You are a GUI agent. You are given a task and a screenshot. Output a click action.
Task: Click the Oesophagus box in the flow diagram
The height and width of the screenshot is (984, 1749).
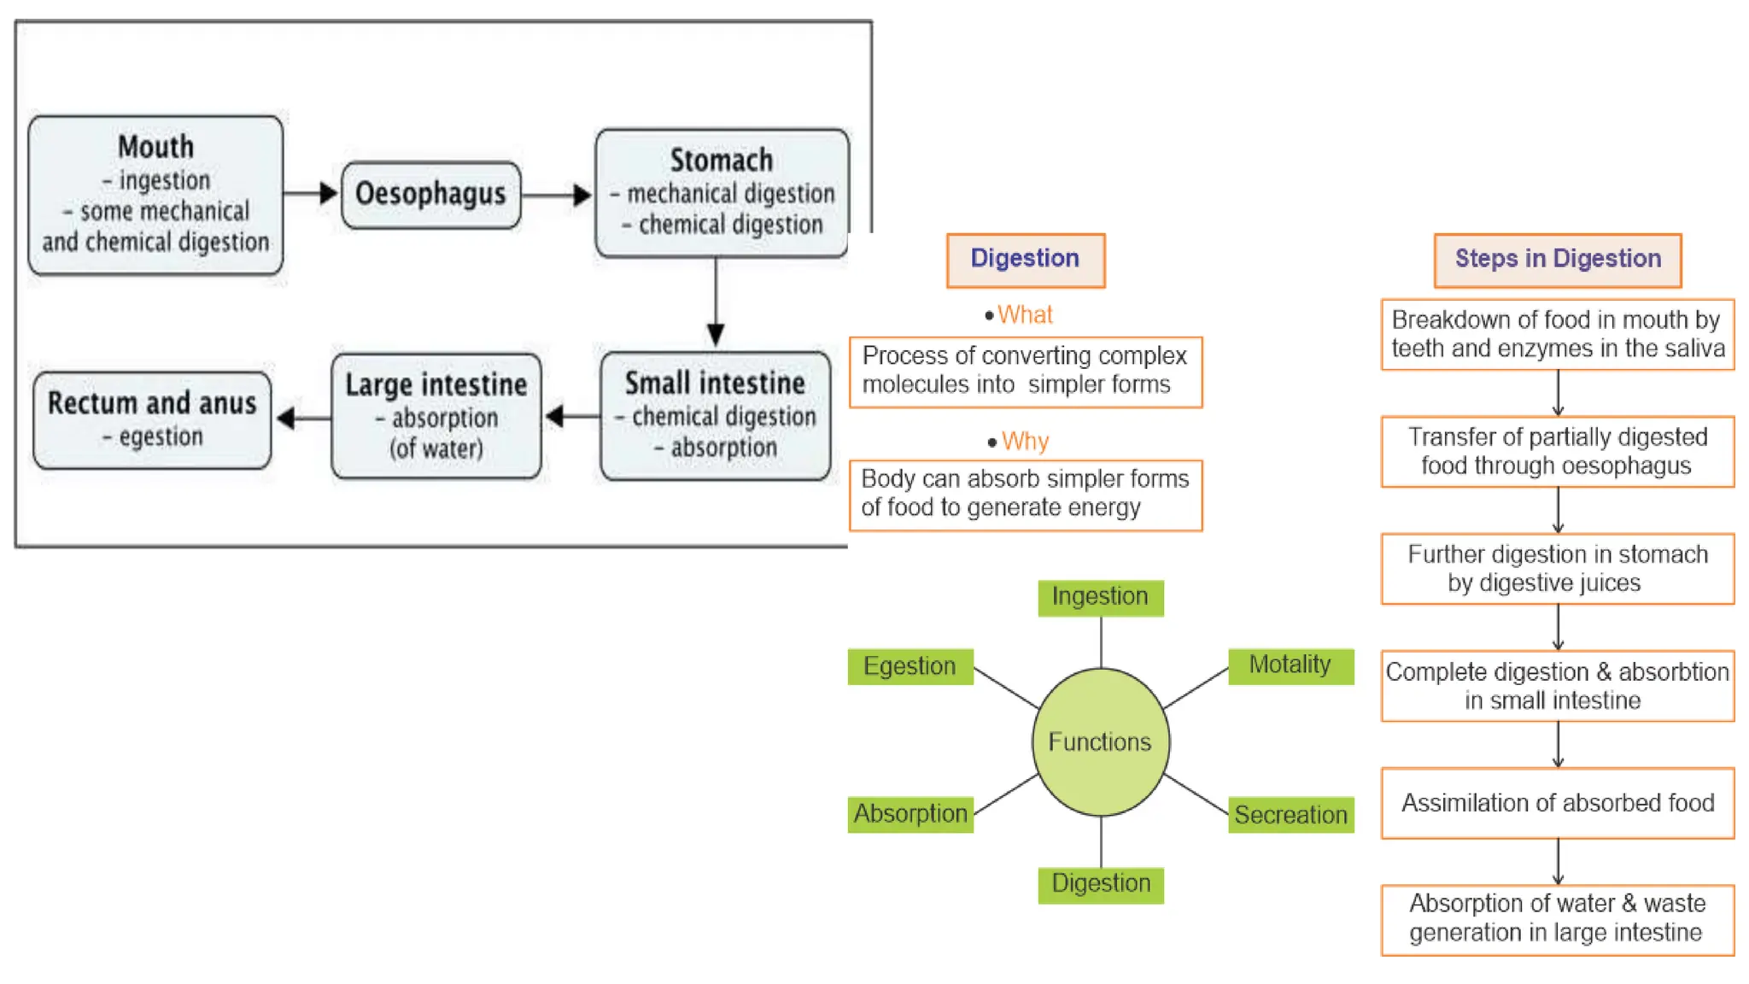point(430,195)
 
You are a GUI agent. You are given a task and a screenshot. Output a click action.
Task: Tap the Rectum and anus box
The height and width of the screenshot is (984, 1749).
point(152,419)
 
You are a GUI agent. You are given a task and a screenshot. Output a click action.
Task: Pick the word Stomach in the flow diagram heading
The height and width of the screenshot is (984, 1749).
point(721,161)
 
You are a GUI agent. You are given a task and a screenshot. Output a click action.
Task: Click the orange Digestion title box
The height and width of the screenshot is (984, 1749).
point(1025,260)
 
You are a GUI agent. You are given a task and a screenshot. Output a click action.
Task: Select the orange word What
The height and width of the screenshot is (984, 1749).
point(1025,315)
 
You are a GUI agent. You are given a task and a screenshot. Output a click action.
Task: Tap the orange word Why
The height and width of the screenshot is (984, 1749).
point(1025,442)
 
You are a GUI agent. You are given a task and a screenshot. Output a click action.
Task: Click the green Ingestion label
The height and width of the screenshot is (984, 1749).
point(1100,597)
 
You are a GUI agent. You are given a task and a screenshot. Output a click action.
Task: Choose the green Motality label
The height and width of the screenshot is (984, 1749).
point(1290,665)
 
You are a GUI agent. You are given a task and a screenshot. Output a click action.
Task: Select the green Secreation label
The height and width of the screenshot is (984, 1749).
point(1290,815)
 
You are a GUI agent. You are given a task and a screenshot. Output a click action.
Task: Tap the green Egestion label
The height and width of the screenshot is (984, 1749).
point(910,666)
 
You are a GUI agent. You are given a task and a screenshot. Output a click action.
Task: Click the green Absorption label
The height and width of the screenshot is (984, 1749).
point(910,814)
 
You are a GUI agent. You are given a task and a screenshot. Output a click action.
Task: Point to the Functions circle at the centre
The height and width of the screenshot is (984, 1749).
point(1100,741)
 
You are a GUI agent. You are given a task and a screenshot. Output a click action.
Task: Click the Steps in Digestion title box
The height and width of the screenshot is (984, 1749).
point(1558,260)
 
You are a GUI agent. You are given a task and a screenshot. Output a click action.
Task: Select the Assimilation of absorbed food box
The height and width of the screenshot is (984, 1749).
point(1558,803)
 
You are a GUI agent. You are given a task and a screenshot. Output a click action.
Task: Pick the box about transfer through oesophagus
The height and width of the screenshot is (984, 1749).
point(1558,451)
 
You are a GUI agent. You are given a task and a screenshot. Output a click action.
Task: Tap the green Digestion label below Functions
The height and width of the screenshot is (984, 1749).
point(1100,884)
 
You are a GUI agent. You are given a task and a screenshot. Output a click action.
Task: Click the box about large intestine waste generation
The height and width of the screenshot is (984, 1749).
point(1558,919)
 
